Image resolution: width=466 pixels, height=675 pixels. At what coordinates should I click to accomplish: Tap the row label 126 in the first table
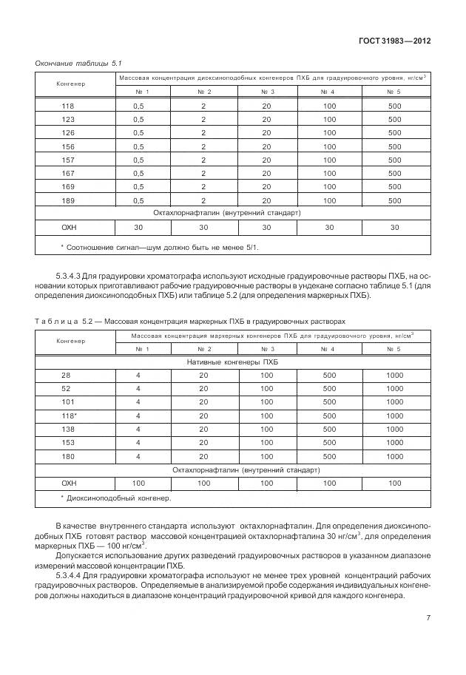(x=68, y=133)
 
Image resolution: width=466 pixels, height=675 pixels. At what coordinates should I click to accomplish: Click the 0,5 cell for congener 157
(x=138, y=160)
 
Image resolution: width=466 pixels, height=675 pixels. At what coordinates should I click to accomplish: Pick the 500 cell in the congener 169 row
(x=394, y=186)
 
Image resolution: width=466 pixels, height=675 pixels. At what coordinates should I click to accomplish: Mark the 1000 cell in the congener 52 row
(x=394, y=389)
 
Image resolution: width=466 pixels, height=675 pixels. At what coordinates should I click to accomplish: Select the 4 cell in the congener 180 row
(x=138, y=455)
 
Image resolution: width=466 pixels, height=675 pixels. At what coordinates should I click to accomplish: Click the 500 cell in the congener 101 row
(x=329, y=402)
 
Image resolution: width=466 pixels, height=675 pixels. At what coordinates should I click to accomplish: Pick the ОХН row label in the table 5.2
(x=69, y=483)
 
